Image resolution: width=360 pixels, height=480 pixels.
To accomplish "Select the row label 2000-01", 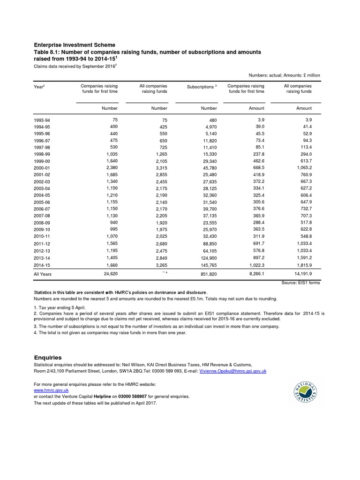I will [42, 167].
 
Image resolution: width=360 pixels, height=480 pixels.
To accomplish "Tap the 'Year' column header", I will [39, 87].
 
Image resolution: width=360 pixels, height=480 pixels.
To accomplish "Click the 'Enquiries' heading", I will [48, 357].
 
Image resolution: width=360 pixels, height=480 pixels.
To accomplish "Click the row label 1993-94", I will [42, 120].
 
